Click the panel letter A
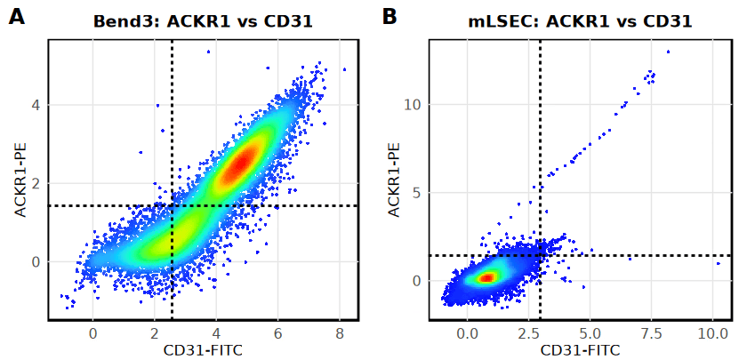tap(17, 16)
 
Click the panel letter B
tap(390, 16)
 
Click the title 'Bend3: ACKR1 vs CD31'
tap(203, 20)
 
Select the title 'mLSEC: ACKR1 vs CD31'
tap(580, 20)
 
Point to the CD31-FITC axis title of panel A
tap(203, 349)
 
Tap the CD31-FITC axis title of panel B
tap(580, 349)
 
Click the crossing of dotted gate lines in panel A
tap(172, 206)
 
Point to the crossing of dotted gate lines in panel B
tap(540, 256)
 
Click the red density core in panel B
tap(486, 278)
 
